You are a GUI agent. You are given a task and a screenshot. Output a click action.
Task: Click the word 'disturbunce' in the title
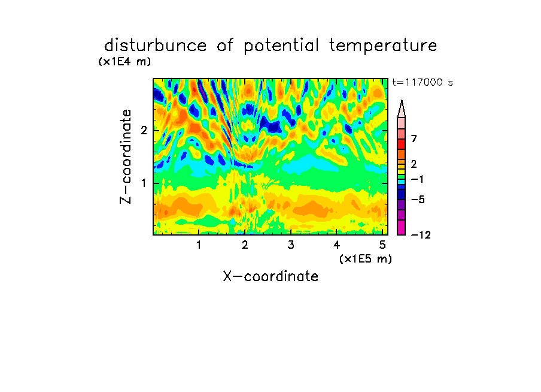point(155,46)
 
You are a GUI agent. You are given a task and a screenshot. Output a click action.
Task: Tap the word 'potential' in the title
point(281,46)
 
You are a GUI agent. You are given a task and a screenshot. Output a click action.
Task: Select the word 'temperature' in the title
point(383,46)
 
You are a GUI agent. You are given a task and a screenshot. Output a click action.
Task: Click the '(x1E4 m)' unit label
point(124,62)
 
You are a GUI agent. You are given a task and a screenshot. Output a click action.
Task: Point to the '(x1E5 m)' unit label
point(366,258)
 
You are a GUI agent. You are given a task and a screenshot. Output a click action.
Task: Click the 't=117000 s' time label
point(423,82)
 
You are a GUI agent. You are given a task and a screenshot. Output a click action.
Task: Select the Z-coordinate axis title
point(126,156)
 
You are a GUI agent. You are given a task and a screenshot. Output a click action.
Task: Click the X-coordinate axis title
point(270,276)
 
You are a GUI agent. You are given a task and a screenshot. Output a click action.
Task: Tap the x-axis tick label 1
point(199,245)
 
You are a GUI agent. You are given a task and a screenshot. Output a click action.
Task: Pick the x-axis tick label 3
point(291,245)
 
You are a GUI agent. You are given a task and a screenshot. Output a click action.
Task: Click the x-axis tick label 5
point(382,245)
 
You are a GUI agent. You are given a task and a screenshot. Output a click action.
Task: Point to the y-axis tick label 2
point(144,131)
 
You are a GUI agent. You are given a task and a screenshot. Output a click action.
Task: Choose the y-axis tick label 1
point(144,183)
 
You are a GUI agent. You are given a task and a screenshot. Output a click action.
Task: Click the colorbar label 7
point(414,139)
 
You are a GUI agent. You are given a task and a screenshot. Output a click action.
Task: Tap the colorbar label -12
point(421,235)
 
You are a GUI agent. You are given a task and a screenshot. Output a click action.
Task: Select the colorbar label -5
point(418,200)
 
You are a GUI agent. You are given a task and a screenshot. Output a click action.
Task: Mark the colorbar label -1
point(418,179)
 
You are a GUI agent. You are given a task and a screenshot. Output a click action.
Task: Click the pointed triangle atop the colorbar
point(402,108)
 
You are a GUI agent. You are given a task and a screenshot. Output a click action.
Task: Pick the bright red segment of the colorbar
point(402,144)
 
